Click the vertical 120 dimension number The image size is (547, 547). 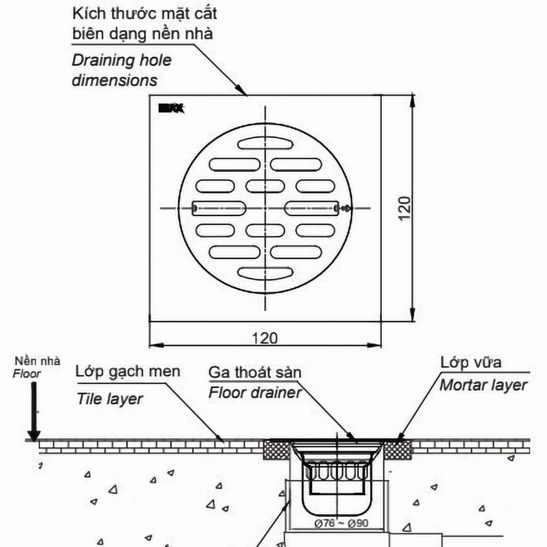(404, 208)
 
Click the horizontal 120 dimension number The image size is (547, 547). (265, 337)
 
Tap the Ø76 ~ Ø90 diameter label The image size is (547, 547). (341, 523)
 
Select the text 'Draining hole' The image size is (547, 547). (121, 60)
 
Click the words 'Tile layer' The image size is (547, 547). (109, 399)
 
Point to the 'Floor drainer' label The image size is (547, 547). (255, 393)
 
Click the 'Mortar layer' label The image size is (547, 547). (484, 385)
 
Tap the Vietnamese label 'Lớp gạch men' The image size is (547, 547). (128, 372)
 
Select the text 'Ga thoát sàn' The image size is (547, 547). (255, 373)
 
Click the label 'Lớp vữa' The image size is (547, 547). (471, 362)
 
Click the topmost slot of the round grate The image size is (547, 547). (265, 143)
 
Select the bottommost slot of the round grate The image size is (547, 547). (265, 273)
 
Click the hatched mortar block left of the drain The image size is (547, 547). (278, 450)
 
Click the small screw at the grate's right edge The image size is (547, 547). (345, 208)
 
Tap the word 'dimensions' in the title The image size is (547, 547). (115, 81)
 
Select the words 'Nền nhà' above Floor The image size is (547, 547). (38, 362)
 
